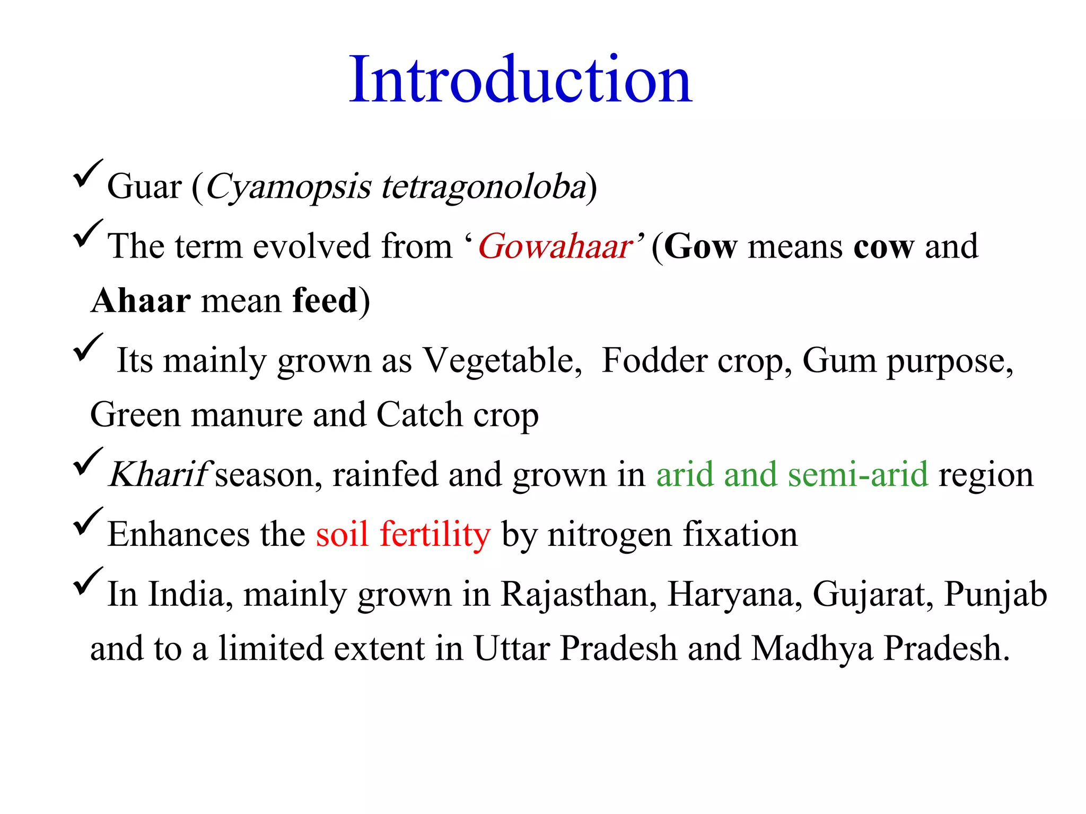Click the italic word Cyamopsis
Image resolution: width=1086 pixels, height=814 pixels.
coord(288,187)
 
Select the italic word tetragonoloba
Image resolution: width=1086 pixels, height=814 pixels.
coord(483,187)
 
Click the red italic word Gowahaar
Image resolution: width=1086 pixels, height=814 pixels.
coord(555,246)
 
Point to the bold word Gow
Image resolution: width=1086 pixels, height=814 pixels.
coord(700,246)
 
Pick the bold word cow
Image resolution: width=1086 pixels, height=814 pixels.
coord(883,246)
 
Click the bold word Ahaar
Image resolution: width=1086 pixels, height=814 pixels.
coord(141,300)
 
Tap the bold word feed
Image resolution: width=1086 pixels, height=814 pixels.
coord(325,300)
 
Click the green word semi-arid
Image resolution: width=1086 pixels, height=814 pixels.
coord(857,474)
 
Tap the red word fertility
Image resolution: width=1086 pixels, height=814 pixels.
coord(435,534)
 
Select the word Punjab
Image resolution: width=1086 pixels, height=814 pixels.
coord(995,595)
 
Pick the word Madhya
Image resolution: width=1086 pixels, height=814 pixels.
coord(812,649)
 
